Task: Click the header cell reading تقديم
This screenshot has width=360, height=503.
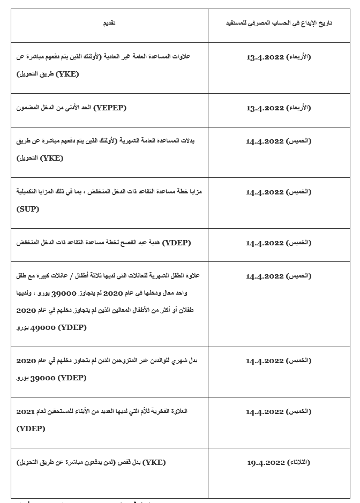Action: [x=109, y=23]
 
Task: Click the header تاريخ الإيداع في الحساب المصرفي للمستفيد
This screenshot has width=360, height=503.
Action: [x=277, y=23]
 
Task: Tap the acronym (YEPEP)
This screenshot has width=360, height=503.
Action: [x=109, y=108]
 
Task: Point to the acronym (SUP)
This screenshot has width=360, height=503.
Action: [x=28, y=209]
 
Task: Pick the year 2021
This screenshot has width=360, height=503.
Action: [x=25, y=411]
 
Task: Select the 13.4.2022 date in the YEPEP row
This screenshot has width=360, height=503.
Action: [x=265, y=108]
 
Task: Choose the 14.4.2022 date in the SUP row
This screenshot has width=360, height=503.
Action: [x=265, y=192]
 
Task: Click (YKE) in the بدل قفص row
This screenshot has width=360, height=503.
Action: [x=153, y=462]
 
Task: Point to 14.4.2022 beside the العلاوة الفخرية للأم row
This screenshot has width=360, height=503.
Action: [x=265, y=411]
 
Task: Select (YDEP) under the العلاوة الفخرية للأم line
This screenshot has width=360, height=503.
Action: [x=31, y=429]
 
